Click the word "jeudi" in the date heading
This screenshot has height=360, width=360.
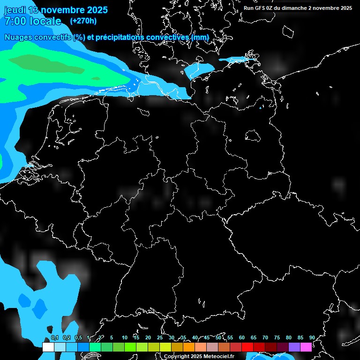click(x=15, y=10)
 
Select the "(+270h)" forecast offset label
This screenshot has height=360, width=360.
click(x=83, y=21)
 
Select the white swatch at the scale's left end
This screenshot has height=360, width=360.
click(x=48, y=347)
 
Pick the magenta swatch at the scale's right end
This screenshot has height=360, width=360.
click(x=306, y=347)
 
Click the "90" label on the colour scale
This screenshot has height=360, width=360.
click(x=312, y=338)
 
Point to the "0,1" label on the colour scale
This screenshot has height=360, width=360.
click(x=54, y=338)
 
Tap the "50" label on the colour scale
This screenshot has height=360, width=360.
click(x=218, y=338)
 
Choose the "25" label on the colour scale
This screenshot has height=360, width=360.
click(x=160, y=338)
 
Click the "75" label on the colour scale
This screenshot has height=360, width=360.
click(x=277, y=338)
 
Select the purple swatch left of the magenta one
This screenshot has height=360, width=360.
click(x=294, y=347)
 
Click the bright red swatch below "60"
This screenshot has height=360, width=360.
click(x=247, y=347)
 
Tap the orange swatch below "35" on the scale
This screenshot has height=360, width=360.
click(x=189, y=347)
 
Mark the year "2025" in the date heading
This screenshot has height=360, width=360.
click(x=94, y=10)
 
